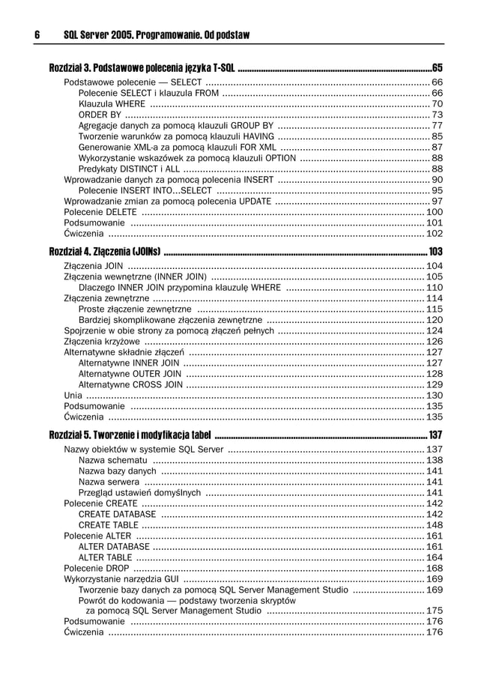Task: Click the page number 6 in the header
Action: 37,35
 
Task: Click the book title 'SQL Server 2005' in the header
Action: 102,35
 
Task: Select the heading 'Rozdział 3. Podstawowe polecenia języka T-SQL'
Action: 142,68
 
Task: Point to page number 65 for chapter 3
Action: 438,68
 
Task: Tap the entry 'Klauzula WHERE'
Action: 112,103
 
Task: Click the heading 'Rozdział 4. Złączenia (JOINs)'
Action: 105,250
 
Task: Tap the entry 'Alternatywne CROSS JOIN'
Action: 130,384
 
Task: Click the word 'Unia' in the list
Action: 73,395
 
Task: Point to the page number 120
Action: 434,319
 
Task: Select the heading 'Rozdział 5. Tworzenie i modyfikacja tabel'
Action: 130,435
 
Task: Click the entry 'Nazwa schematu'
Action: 112,460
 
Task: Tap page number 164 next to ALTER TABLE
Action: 434,557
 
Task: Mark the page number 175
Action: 434,611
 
